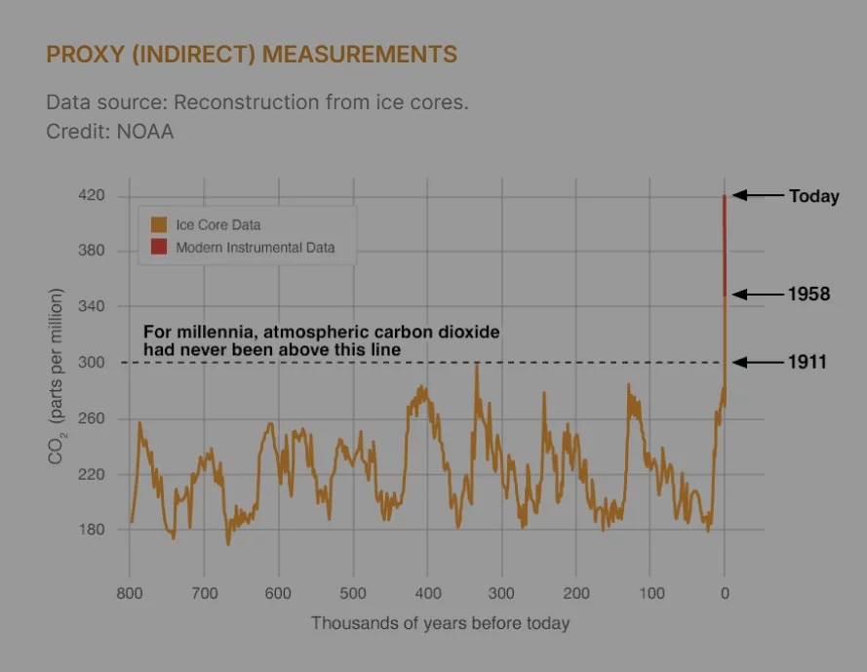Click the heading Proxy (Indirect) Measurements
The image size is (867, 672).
click(x=252, y=54)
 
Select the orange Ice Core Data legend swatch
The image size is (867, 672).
click(x=159, y=225)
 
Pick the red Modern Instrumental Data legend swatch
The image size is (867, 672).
click(x=159, y=248)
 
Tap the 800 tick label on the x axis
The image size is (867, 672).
click(x=130, y=593)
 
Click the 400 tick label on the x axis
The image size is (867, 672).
click(x=427, y=593)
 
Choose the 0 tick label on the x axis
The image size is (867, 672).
click(x=725, y=593)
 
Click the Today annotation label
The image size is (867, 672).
click(x=813, y=197)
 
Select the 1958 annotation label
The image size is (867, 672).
click(x=808, y=294)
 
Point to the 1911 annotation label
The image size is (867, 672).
click(x=808, y=363)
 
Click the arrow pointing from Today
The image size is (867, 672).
click(x=758, y=196)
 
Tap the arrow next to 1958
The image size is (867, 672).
click(x=758, y=294)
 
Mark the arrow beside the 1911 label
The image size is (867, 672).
click(x=758, y=363)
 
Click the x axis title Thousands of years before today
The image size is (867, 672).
click(x=440, y=623)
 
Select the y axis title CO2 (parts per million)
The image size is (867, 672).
click(x=58, y=376)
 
